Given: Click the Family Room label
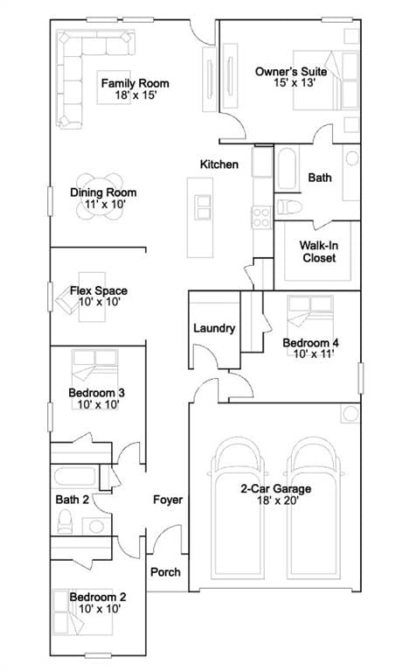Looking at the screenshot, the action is [135, 83].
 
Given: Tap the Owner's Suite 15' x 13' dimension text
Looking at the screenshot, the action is [295, 83].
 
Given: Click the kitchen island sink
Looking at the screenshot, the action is [202, 207].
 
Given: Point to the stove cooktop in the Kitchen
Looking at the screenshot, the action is [261, 217].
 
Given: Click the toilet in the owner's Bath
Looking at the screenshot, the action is [289, 207].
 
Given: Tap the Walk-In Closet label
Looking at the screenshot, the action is [319, 252].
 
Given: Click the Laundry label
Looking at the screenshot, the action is [214, 328].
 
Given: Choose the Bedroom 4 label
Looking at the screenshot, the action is [310, 342].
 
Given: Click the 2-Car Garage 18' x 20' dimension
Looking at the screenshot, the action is [278, 500].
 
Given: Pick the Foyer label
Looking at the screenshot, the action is [168, 500].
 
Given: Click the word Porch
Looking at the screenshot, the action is [165, 572].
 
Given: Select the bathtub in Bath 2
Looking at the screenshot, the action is [75, 477].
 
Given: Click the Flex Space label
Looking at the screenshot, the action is [99, 290].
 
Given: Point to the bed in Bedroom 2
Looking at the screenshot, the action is [82, 612].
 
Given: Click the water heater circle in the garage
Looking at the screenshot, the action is [351, 414].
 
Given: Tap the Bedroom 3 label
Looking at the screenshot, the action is [96, 393].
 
